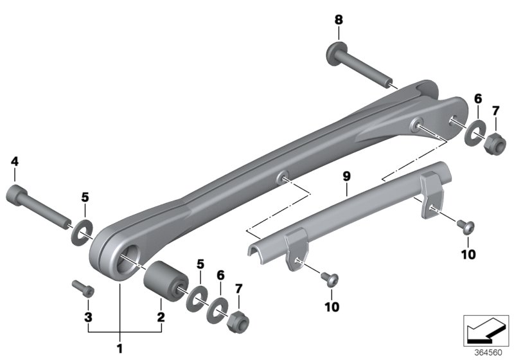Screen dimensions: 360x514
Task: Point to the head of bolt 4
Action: [17, 194]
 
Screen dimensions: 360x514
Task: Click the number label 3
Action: [87, 317]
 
